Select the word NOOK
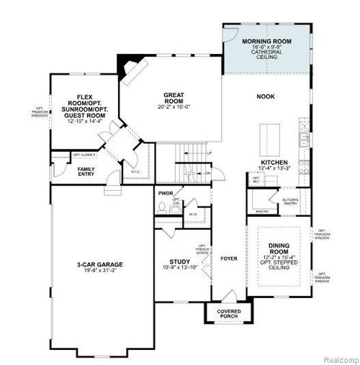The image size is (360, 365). (x=266, y=96)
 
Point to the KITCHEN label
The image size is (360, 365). (x=274, y=163)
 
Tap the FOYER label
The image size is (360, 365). (x=228, y=257)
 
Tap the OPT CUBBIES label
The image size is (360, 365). (x=84, y=153)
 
